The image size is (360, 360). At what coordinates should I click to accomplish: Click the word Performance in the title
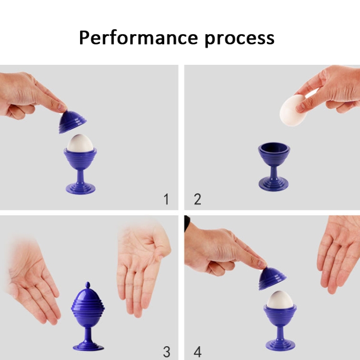pos(138,37)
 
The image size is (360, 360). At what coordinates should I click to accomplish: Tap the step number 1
pos(167,199)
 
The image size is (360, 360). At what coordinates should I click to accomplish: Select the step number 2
pos(197,199)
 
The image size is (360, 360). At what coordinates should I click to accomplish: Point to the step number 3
pos(167,352)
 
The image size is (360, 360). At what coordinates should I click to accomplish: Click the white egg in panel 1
pos(80,143)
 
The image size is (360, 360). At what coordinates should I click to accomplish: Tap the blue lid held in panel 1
pos(72,122)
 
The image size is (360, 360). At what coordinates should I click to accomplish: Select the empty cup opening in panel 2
pos(274,148)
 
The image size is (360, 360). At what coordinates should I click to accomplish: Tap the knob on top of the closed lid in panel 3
pos(87,286)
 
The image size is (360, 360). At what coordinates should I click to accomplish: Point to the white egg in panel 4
pos(280,300)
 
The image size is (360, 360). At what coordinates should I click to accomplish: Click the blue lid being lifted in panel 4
pos(272,278)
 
